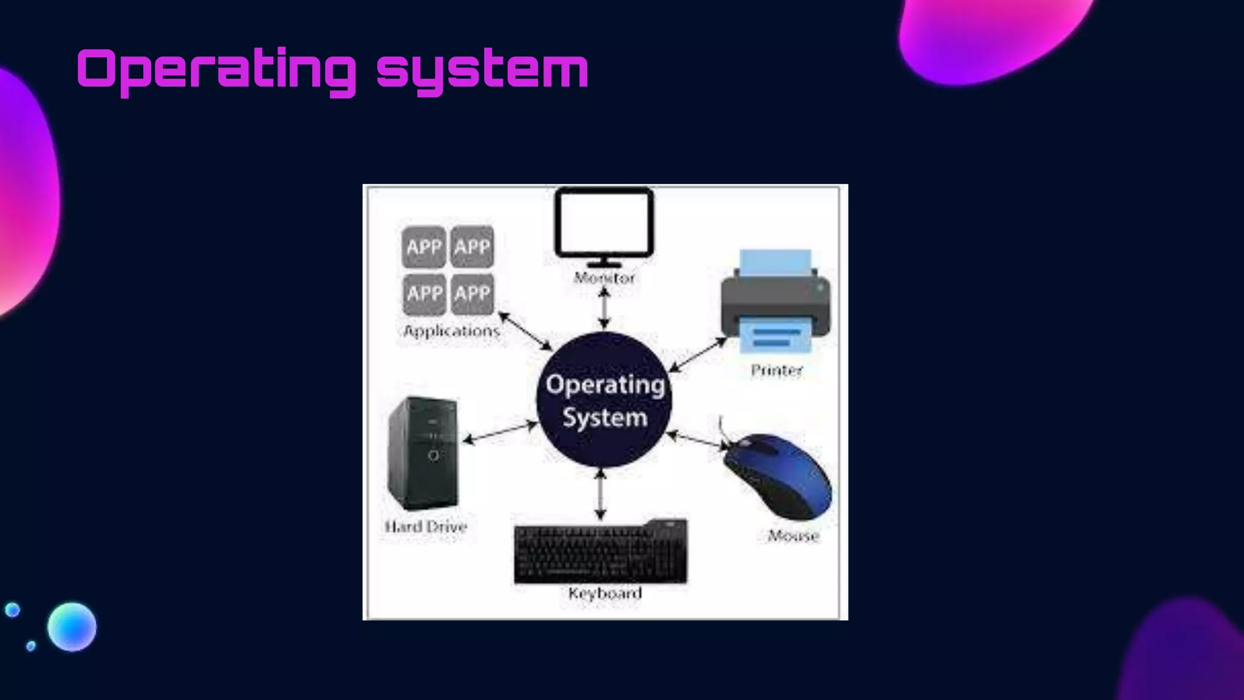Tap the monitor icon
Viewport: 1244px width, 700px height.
coord(604,225)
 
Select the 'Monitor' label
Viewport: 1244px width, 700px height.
coord(604,278)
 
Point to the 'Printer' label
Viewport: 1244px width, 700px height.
coord(776,370)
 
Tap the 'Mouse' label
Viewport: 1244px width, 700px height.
coord(793,535)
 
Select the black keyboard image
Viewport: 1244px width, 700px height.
coord(601,552)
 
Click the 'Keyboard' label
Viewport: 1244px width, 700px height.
coord(605,593)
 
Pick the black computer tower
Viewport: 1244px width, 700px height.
coord(423,453)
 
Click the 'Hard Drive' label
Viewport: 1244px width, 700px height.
coord(426,526)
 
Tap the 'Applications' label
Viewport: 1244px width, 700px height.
coord(451,331)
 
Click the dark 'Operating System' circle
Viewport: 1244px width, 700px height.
coord(604,400)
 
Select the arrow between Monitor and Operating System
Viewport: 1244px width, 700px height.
coord(604,308)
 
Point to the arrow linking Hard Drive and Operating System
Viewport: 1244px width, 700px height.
coord(500,432)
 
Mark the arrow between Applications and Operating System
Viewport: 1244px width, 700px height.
coord(525,331)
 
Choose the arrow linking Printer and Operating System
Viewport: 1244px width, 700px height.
coord(698,355)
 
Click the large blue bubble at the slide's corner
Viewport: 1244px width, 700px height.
coord(72,626)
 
